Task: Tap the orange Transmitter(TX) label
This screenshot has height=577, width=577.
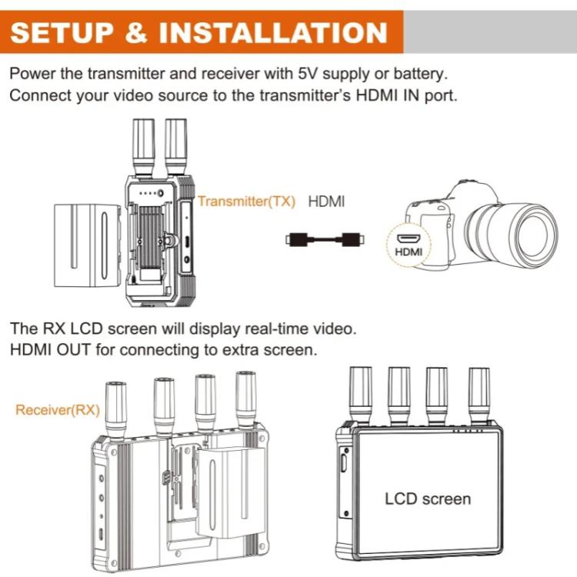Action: coord(246,202)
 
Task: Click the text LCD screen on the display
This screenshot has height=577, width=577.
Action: coord(427,499)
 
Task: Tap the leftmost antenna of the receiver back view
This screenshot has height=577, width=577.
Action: coord(115,408)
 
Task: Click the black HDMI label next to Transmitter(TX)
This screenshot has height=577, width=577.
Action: coord(326,202)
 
